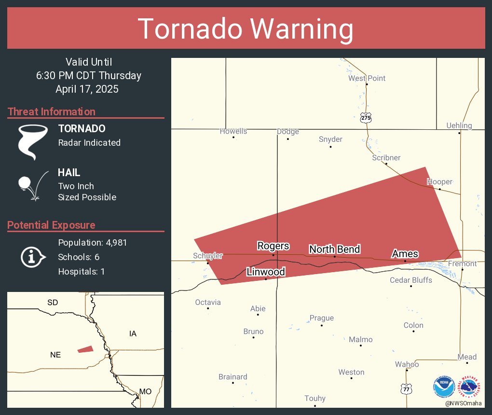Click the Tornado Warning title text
(x=246, y=29)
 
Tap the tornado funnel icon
(x=33, y=141)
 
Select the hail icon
(x=32, y=185)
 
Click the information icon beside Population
(x=32, y=257)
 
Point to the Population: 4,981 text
(x=92, y=243)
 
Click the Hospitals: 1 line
(x=81, y=272)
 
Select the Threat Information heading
(x=52, y=112)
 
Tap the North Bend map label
(x=334, y=249)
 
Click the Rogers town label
(x=273, y=246)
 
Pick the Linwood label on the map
(x=265, y=272)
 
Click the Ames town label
(x=405, y=254)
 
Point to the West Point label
(x=367, y=78)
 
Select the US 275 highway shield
(x=367, y=117)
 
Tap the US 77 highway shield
(x=406, y=387)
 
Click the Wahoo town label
(x=407, y=364)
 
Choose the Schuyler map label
(x=208, y=256)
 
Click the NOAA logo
(x=444, y=387)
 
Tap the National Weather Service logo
(x=471, y=387)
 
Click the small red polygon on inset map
(x=85, y=349)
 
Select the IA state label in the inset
(x=133, y=333)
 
